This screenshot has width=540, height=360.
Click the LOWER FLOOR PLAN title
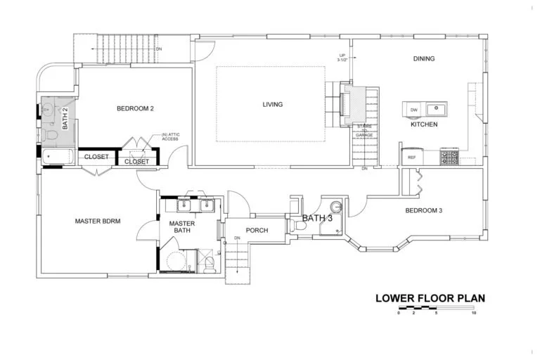[430, 297]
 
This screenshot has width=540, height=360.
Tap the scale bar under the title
[436, 308]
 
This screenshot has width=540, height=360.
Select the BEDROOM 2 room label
[135, 108]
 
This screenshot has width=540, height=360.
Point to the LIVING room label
[272, 105]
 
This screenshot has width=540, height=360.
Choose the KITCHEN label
[424, 124]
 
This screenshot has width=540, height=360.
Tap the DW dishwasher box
[413, 110]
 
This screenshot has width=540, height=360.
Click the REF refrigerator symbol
[412, 157]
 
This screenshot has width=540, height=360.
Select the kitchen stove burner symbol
[449, 157]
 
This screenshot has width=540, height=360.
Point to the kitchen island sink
[437, 109]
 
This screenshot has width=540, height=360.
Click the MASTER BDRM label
[98, 221]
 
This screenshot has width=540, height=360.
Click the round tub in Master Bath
[175, 262]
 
